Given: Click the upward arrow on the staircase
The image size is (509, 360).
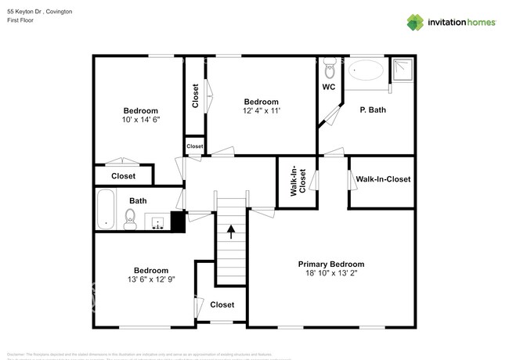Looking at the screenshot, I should [231, 229].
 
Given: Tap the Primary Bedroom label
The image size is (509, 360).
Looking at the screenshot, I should [331, 264].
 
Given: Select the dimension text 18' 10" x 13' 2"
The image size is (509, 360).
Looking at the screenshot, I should [331, 274].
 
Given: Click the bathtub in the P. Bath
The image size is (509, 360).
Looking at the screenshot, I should [366, 70].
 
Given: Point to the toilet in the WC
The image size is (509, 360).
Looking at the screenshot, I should [330, 63].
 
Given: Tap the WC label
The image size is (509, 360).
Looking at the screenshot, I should [329, 87].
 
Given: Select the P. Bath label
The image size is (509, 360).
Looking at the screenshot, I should [373, 110].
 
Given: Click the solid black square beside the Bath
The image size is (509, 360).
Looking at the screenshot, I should [178, 222].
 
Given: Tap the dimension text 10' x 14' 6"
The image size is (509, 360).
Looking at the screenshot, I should [141, 121].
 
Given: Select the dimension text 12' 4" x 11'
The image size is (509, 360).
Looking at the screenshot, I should [261, 112].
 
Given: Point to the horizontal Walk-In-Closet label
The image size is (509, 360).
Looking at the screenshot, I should [383, 179].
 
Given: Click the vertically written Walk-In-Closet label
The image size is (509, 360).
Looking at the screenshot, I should [297, 181].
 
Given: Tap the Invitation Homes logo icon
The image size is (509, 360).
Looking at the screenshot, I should [415, 23].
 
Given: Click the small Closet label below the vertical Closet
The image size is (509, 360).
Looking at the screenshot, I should [195, 146].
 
